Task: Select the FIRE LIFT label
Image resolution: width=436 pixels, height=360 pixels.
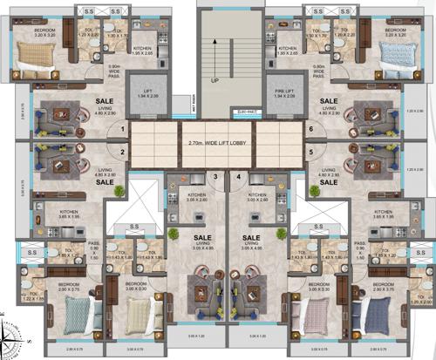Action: pos(284,90)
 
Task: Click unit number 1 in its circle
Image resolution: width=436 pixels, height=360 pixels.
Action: pos(124,130)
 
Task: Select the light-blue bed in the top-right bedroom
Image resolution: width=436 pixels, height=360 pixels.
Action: pos(399,59)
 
